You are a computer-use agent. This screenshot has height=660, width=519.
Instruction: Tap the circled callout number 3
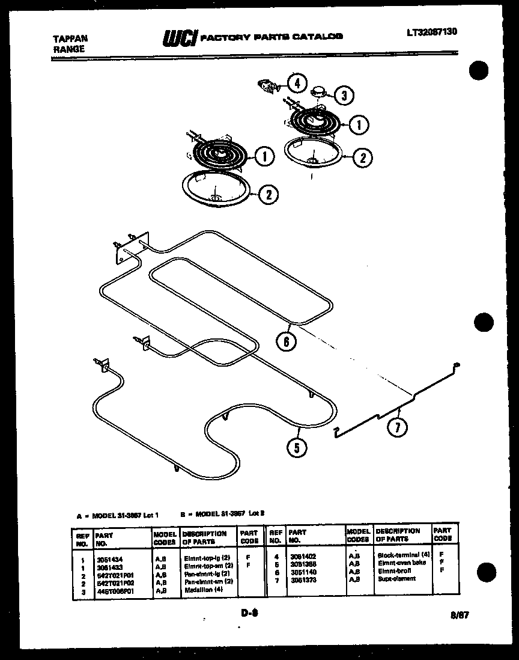[343, 95]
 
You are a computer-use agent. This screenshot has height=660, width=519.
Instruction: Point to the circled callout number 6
[287, 341]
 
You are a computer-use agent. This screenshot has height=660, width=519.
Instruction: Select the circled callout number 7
[396, 427]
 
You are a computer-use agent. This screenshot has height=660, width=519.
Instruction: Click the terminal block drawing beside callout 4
[267, 86]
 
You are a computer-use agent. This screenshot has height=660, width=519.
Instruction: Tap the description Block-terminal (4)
[403, 554]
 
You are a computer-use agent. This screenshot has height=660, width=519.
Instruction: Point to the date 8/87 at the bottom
[458, 615]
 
